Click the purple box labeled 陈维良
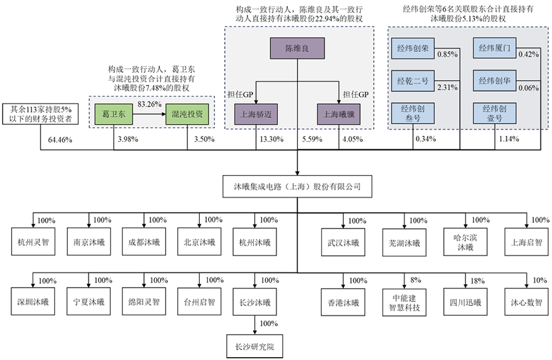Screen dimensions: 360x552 tap(298, 49)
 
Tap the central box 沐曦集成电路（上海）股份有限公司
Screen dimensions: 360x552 tap(298, 186)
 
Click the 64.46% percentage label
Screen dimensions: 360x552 tap(60, 139)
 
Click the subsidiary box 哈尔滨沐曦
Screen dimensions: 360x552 tap(465, 242)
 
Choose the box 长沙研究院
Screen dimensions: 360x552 tap(254, 348)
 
